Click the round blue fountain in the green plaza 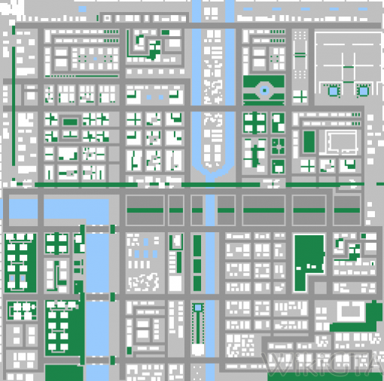click(x=264, y=90)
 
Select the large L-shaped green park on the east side click(x=307, y=259)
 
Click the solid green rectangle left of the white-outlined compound click(x=309, y=141)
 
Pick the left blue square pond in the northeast click(x=332, y=89)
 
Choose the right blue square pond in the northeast click(x=363, y=89)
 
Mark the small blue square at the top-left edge click(x=14, y=29)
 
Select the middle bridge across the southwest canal click(x=96, y=298)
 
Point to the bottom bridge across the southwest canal click(x=96, y=364)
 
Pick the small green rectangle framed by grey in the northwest click(x=70, y=121)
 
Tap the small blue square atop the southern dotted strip click(x=198, y=307)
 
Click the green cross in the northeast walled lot click(x=349, y=68)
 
